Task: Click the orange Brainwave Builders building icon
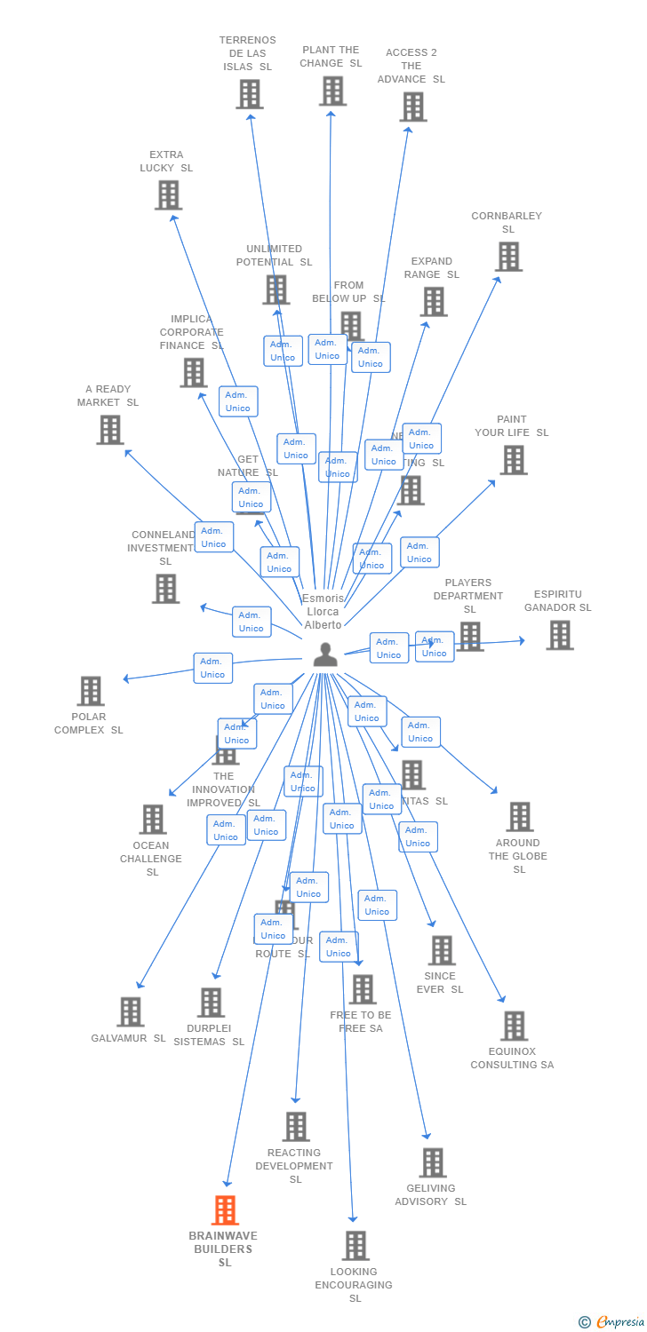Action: pyautogui.click(x=225, y=1210)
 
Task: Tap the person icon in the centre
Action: pyautogui.click(x=325, y=654)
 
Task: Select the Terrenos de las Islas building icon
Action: pyautogui.click(x=250, y=94)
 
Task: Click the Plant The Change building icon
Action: pyautogui.click(x=332, y=91)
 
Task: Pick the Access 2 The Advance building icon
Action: pyautogui.click(x=412, y=107)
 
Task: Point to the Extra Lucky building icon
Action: pyautogui.click(x=168, y=194)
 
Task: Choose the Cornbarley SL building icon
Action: pyautogui.click(x=508, y=257)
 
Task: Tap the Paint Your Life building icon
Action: pyautogui.click(x=513, y=460)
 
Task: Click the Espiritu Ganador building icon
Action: pyautogui.click(x=559, y=635)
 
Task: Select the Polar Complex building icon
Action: pyautogui.click(x=91, y=691)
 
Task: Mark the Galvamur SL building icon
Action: pyautogui.click(x=131, y=1011)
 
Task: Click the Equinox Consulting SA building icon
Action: pyautogui.click(x=514, y=1026)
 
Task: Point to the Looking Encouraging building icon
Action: pyautogui.click(x=355, y=1245)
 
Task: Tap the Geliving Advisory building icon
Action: pyautogui.click(x=433, y=1162)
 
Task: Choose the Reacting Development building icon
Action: pyautogui.click(x=296, y=1127)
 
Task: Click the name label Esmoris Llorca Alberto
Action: pyautogui.click(x=323, y=612)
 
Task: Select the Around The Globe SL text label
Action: pyautogui.click(x=518, y=856)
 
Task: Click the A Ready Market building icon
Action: pyautogui.click(x=110, y=430)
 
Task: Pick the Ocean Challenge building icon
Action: pyautogui.click(x=153, y=819)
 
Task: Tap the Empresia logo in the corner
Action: pyautogui.click(x=613, y=1321)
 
